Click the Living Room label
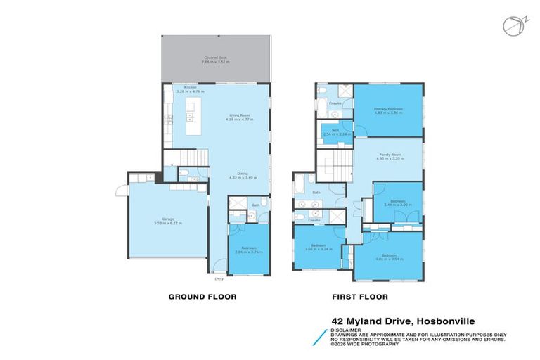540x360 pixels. pos(240,117)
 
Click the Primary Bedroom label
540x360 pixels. pos(388,111)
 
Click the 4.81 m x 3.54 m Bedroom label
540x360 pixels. pos(389,256)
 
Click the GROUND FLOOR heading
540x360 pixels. pos(202,297)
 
